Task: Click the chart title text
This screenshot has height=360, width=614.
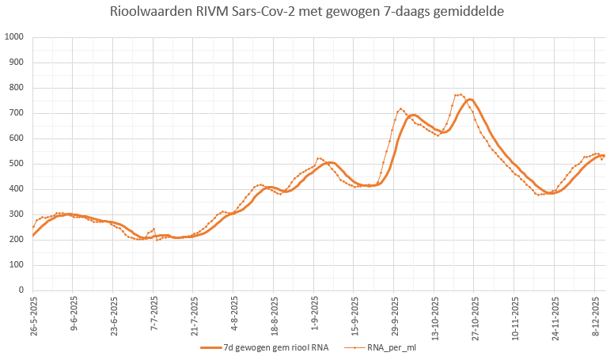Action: [x=307, y=13]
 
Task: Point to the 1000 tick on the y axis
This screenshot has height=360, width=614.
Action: [x=14, y=37]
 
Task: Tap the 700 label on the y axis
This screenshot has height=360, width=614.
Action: [x=17, y=113]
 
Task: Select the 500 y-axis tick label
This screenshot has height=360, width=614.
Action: [x=17, y=164]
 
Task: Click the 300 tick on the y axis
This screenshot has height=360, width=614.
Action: [x=17, y=214]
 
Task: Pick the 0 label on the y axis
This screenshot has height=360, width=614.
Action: [x=21, y=290]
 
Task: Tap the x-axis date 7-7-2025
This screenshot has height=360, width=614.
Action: [x=155, y=316]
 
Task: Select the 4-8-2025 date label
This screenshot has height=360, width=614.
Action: [x=235, y=316]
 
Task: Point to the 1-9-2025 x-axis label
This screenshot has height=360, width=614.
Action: [x=316, y=316]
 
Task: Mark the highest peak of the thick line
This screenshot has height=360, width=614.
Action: [x=470, y=100]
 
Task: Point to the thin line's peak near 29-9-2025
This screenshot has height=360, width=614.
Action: [x=401, y=109]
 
